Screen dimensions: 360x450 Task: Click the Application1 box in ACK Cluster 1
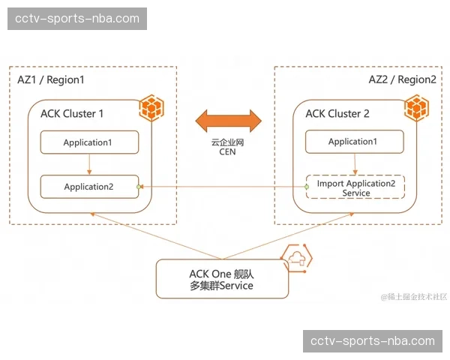(89, 142)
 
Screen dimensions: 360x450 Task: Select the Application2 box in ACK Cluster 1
(89, 187)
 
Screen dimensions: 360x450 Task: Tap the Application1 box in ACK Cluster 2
(355, 142)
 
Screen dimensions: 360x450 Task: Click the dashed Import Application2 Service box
(355, 187)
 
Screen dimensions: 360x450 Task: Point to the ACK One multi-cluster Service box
(221, 279)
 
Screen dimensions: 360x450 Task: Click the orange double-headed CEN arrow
(227, 119)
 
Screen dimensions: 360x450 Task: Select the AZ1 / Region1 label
(51, 79)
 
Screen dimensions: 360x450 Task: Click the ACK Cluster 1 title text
(72, 114)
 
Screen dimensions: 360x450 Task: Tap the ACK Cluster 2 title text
(337, 114)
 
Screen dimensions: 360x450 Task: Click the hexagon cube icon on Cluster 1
(153, 109)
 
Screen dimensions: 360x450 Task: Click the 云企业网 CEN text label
(227, 146)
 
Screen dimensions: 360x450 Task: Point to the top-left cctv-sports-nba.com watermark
(78, 18)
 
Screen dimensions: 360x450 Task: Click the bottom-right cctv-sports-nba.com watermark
(372, 341)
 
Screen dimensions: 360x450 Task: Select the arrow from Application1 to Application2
(89, 164)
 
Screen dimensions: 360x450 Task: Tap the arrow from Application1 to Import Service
(355, 163)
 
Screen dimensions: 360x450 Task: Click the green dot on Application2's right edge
(139, 187)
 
